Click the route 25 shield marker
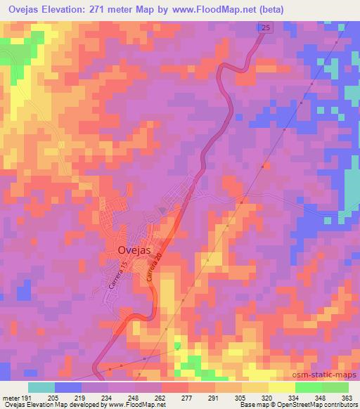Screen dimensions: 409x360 click(263, 27)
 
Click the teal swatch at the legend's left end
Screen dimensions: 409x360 click(41, 387)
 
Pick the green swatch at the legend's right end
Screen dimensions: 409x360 click(335, 387)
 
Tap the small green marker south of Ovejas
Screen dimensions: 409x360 click(177, 346)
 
